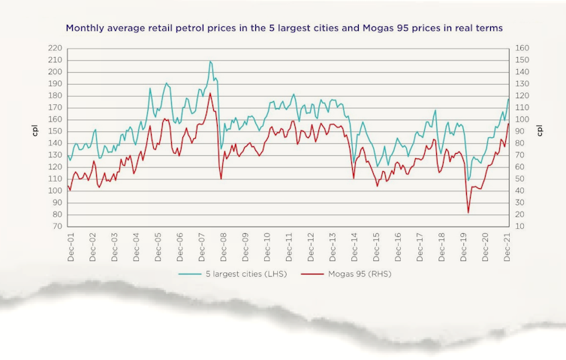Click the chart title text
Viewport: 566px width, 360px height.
coord(284,28)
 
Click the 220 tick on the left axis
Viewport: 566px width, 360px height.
coord(55,49)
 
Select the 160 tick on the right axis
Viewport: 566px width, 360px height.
coord(522,49)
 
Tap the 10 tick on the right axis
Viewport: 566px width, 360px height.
coord(520,226)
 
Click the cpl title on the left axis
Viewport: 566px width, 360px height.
coord(35,129)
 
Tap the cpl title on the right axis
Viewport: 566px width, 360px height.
coord(540,129)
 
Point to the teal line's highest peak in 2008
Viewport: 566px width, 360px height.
coord(210,61)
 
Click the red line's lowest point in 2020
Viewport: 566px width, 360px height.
coord(468,212)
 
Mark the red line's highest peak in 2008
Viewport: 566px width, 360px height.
coord(210,93)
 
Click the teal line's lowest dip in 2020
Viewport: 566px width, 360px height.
coord(469,181)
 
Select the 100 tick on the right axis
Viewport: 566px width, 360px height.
coord(522,120)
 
